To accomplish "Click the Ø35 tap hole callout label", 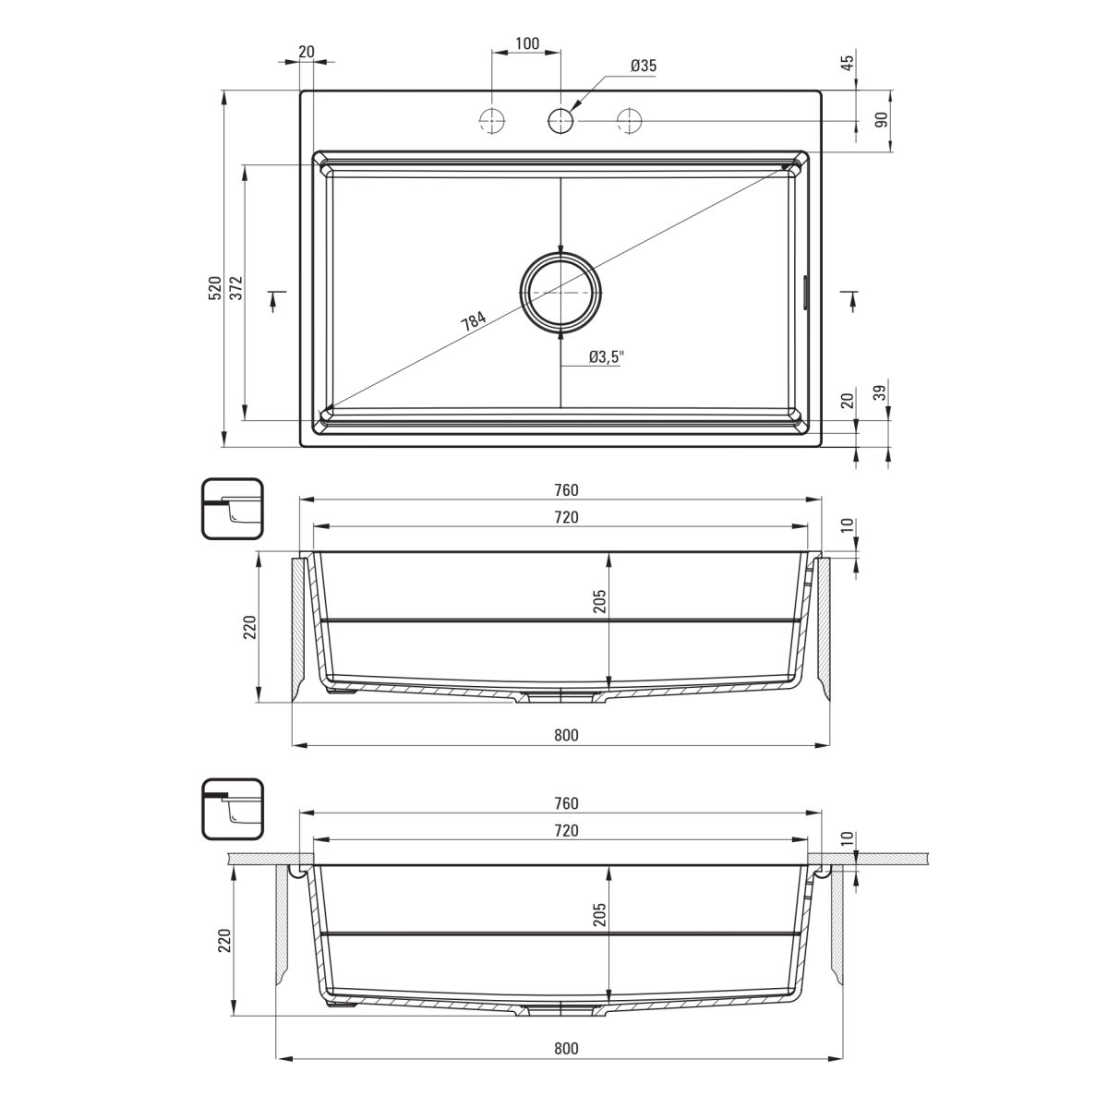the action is (x=643, y=66).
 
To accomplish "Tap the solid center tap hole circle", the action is (x=560, y=121).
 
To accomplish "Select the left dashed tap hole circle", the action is (x=491, y=121).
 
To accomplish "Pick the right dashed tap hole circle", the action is (x=629, y=121).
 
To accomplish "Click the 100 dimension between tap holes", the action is (x=526, y=43).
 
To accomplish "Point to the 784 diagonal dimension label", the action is (x=474, y=320).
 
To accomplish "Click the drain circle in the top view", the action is (x=560, y=293).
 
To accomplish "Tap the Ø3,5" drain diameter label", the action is (x=606, y=357).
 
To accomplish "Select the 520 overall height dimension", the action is (x=215, y=287).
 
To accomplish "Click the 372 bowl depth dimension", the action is (x=236, y=287).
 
